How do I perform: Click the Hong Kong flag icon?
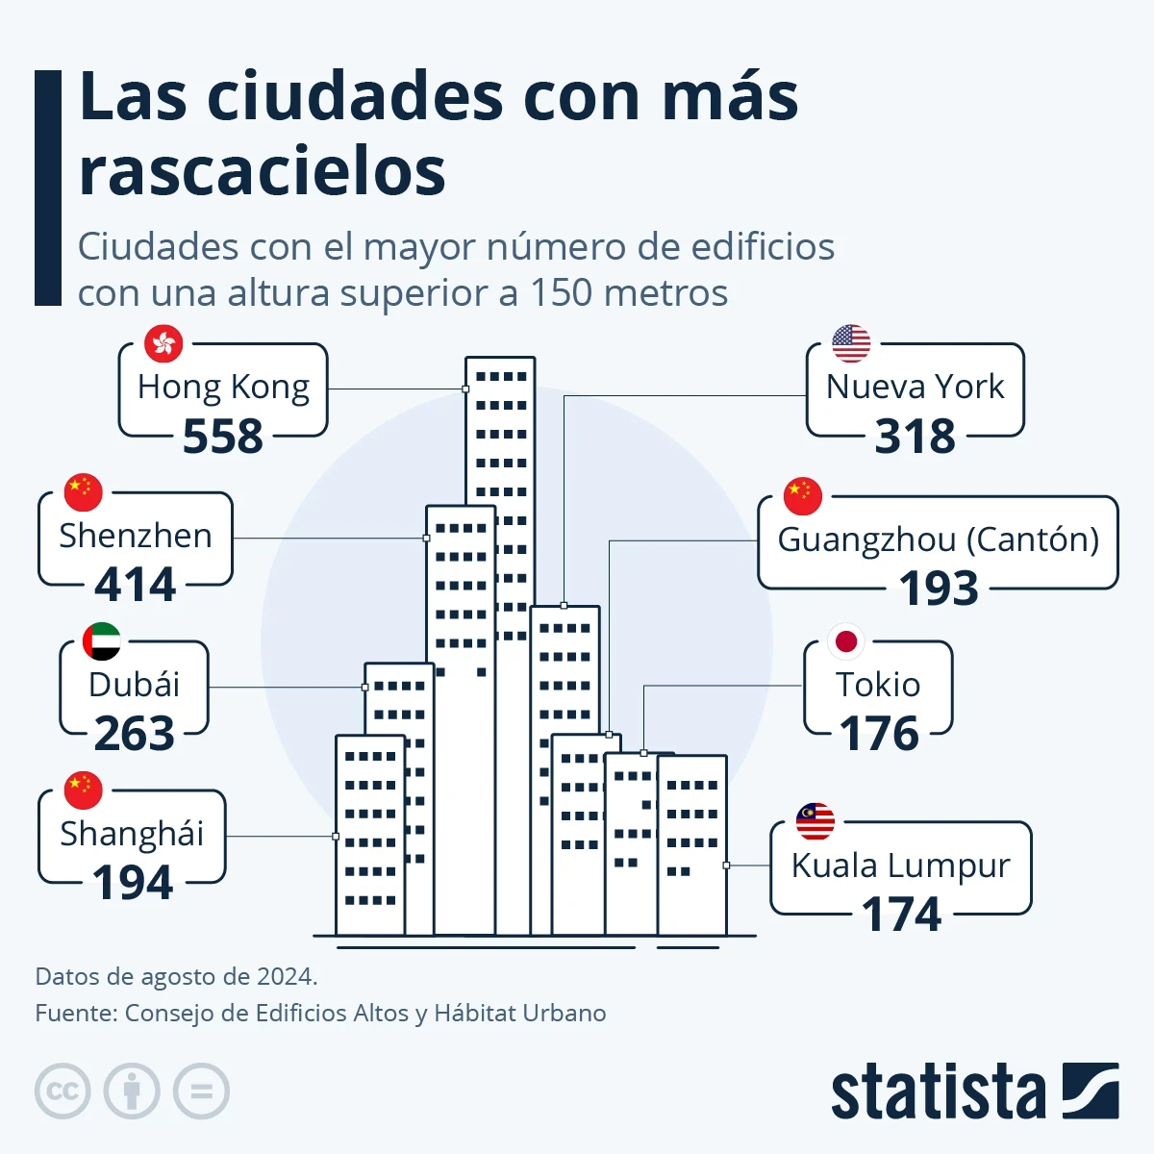[163, 343]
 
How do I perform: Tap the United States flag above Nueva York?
[851, 343]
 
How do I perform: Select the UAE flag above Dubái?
[102, 641]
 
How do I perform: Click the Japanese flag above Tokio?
[846, 641]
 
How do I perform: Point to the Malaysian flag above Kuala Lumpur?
[815, 821]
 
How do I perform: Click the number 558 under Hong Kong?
[223, 437]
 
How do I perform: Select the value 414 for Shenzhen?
[136, 585]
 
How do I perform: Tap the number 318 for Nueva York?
[916, 437]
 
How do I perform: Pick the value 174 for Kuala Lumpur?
[901, 915]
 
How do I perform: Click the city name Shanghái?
[132, 834]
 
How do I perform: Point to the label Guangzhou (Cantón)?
[938, 539]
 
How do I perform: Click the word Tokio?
[878, 685]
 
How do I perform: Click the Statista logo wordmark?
[938, 1092]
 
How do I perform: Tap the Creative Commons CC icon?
[63, 1091]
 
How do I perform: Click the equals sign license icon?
[202, 1091]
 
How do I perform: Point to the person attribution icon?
[132, 1091]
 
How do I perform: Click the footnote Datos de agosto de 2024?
[176, 977]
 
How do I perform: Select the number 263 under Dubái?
[135, 734]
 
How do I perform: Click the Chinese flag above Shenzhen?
[84, 492]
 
